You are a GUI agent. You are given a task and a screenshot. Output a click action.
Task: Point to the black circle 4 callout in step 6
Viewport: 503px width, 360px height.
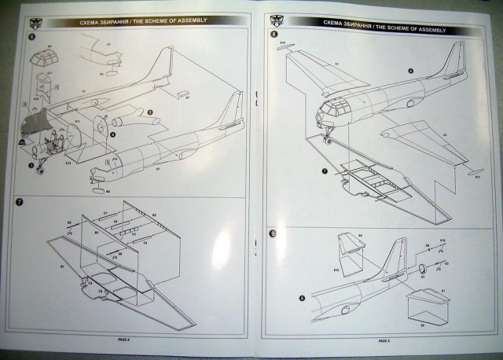[x=114, y=134]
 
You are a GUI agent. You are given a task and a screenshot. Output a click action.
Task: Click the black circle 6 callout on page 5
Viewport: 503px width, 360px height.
[x=409, y=70]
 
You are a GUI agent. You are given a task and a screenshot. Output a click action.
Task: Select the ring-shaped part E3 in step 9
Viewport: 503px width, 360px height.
[x=423, y=270]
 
